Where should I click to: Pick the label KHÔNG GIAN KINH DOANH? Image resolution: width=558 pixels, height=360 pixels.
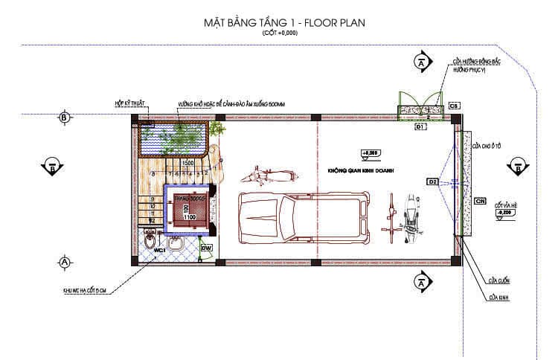point(359,170)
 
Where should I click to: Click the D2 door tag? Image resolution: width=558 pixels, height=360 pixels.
point(432,181)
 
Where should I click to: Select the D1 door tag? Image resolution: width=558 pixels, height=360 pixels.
point(420,127)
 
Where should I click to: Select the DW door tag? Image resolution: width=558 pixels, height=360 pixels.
point(207,247)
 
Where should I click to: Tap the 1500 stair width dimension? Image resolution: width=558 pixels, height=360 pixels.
point(188,163)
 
